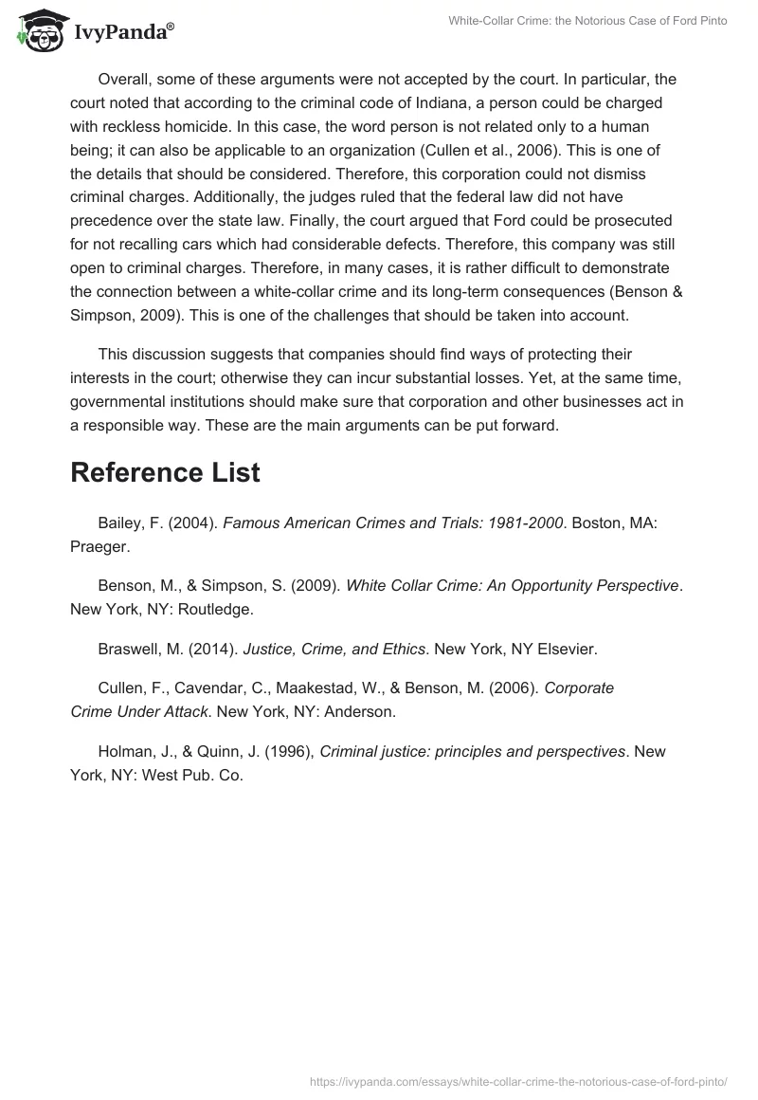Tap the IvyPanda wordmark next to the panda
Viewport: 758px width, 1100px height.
click(x=122, y=32)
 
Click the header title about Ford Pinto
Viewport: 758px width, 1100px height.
click(x=587, y=20)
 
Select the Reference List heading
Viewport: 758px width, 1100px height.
click(x=165, y=472)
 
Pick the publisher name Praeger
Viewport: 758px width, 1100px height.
click(x=98, y=546)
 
